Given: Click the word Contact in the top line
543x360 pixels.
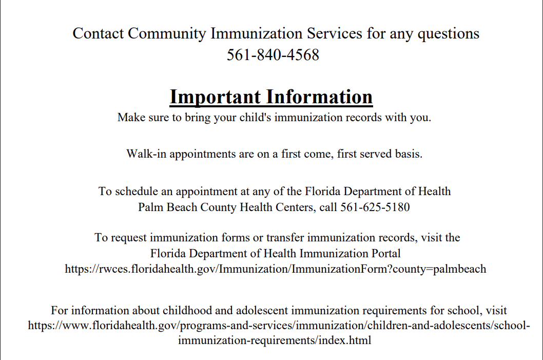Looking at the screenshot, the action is pyautogui.click(x=98, y=33).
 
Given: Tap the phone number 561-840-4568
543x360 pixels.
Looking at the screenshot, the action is pyautogui.click(x=273, y=55).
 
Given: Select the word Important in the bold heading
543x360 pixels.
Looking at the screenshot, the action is pyautogui.click(x=215, y=97).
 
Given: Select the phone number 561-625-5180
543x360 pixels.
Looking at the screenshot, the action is pyautogui.click(x=375, y=207).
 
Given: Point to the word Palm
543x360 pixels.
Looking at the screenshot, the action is pyautogui.click(x=150, y=207).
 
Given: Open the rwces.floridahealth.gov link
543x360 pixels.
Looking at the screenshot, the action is pyautogui.click(x=275, y=269).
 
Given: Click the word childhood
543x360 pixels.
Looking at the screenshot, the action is pyautogui.click(x=187, y=310).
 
